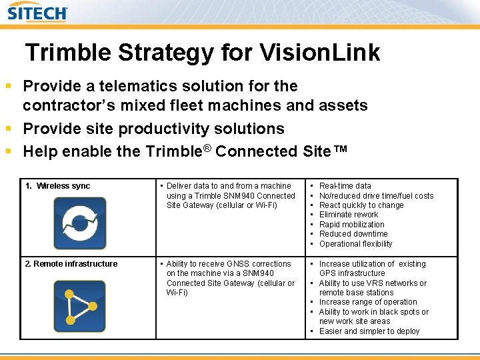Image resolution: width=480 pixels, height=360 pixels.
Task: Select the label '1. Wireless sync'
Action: tap(58, 186)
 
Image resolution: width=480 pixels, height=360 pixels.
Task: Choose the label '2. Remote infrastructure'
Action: tap(71, 264)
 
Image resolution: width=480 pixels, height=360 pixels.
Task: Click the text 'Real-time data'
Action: tap(345, 186)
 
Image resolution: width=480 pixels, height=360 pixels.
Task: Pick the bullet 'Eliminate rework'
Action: tap(349, 215)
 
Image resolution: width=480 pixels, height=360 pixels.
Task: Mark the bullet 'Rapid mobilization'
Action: tap(352, 225)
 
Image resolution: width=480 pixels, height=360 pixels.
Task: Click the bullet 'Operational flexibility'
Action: tap(356, 244)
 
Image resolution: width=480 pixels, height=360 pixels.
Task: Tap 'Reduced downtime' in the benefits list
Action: tap(353, 234)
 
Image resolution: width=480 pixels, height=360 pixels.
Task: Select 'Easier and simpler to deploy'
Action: tap(369, 331)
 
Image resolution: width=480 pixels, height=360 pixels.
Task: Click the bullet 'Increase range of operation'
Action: tap(368, 302)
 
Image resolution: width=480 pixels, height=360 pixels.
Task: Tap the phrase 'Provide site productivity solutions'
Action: tap(154, 129)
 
